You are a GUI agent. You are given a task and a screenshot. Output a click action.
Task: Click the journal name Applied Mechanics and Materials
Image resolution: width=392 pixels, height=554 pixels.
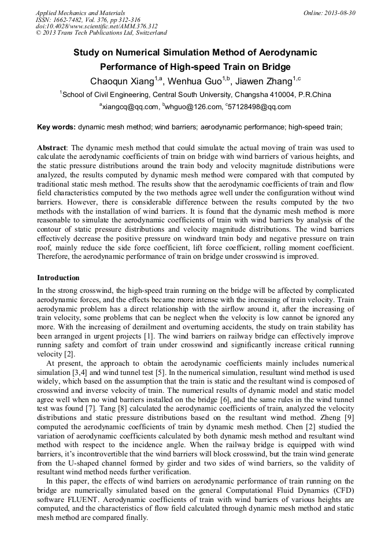tap(80, 13)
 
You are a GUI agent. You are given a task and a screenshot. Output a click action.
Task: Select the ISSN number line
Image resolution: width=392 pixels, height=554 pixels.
tap(88, 20)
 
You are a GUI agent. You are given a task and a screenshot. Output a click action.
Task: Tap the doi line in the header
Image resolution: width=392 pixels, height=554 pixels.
tap(96, 27)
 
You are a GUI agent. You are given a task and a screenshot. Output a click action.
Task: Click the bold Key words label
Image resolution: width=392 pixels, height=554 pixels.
tap(56, 126)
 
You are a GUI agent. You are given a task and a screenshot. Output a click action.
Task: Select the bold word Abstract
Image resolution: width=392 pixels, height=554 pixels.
tap(53, 147)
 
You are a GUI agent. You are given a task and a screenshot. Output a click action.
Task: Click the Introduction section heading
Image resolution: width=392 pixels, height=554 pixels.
tap(58, 278)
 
